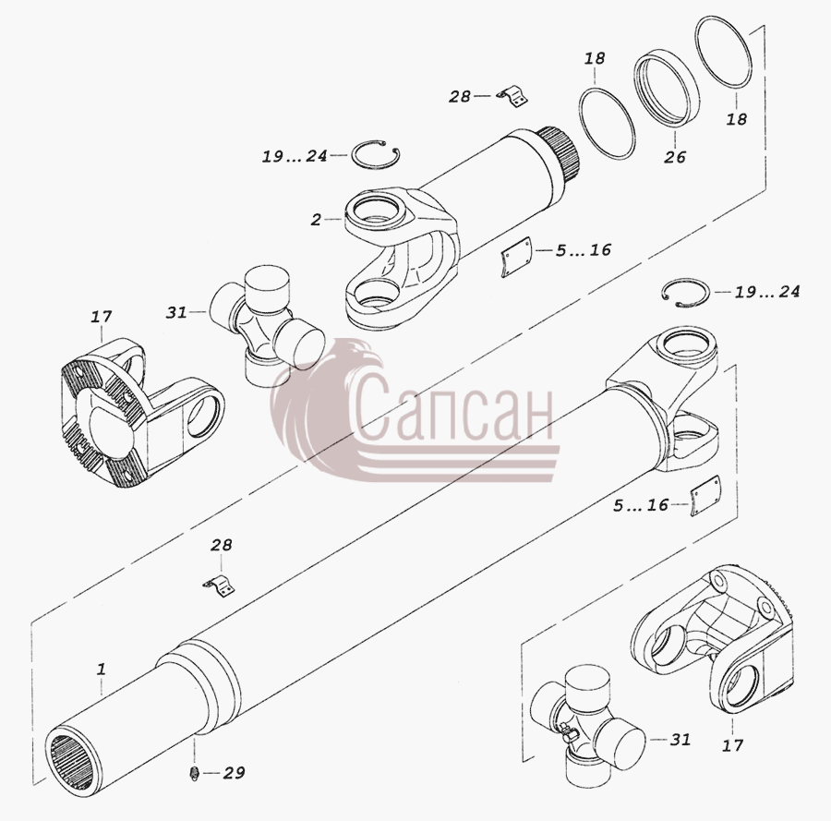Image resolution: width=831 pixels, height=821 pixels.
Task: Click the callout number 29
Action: click(234, 773)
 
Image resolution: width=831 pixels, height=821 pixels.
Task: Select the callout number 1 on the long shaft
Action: click(101, 669)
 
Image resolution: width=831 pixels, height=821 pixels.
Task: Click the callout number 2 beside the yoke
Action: click(316, 219)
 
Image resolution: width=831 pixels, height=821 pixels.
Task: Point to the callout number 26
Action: click(675, 157)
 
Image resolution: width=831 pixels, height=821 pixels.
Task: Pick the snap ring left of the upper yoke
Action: click(376, 155)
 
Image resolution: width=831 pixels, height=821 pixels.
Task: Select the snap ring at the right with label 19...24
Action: click(686, 293)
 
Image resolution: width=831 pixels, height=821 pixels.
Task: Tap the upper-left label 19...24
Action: click(295, 156)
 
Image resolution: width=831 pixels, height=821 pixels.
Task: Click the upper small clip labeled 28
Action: click(513, 98)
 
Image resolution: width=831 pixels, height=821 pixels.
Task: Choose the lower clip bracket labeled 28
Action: click(220, 586)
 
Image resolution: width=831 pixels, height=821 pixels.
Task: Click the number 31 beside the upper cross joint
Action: click(176, 313)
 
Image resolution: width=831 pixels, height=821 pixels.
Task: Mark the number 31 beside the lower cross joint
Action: click(680, 739)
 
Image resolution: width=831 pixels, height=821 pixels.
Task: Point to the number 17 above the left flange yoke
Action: click(101, 317)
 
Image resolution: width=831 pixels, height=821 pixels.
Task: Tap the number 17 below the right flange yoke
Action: click(732, 745)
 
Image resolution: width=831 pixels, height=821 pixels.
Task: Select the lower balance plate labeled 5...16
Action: click(705, 496)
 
